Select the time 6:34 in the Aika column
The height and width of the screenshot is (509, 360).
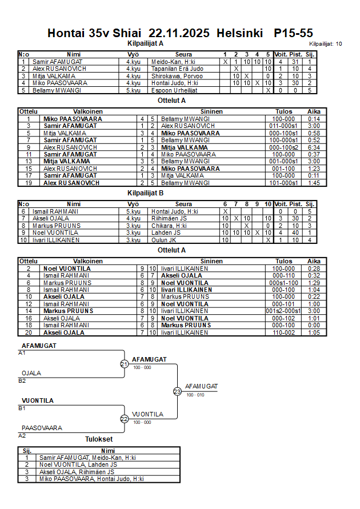coord(314,147)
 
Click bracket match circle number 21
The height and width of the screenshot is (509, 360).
coord(125,364)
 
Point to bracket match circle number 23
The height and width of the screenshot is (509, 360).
coord(177,391)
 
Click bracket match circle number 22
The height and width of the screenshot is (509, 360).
coord(125,419)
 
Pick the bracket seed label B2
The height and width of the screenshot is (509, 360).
coord(22,380)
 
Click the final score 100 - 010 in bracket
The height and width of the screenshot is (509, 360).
coord(195,395)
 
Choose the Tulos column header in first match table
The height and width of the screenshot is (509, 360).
coord(283,111)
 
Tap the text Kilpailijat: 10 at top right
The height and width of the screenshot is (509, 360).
coord(326,43)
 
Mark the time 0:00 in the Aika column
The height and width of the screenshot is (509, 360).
coord(314,325)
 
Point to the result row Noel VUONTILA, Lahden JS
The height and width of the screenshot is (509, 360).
coord(76,464)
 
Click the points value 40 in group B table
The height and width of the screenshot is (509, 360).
coord(296,233)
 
